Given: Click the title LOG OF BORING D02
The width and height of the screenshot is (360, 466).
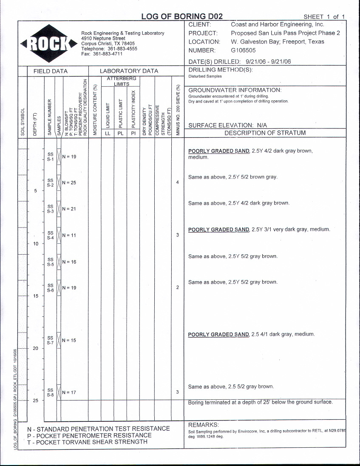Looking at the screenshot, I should click(x=182, y=16).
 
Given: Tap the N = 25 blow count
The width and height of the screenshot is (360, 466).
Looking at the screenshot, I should click(x=69, y=183).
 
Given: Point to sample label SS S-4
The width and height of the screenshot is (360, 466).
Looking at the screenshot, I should click(x=51, y=235).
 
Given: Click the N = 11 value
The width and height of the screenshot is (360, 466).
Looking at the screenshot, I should click(x=69, y=235).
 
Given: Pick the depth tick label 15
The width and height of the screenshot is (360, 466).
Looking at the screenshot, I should click(x=36, y=296).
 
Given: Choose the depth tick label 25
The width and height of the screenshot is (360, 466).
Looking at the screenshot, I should click(x=36, y=401).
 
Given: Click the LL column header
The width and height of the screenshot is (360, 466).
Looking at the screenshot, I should click(x=108, y=133).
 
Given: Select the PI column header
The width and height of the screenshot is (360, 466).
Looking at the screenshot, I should click(x=133, y=133).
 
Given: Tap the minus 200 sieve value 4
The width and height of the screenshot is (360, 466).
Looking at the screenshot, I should click(x=177, y=183).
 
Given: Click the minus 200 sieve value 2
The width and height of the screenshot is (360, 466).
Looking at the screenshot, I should click(x=177, y=288).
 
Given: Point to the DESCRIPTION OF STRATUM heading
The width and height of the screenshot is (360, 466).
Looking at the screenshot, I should click(x=265, y=133).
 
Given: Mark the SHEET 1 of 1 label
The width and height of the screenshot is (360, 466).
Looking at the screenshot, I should click(x=324, y=17).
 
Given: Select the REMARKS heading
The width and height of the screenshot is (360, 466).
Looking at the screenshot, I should click(x=203, y=425).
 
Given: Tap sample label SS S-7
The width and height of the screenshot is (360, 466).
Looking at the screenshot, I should click(x=51, y=340).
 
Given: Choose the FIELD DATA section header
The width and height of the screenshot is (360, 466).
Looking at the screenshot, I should click(x=50, y=71).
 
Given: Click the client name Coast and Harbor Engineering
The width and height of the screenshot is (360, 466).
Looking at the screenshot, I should click(x=277, y=25).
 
